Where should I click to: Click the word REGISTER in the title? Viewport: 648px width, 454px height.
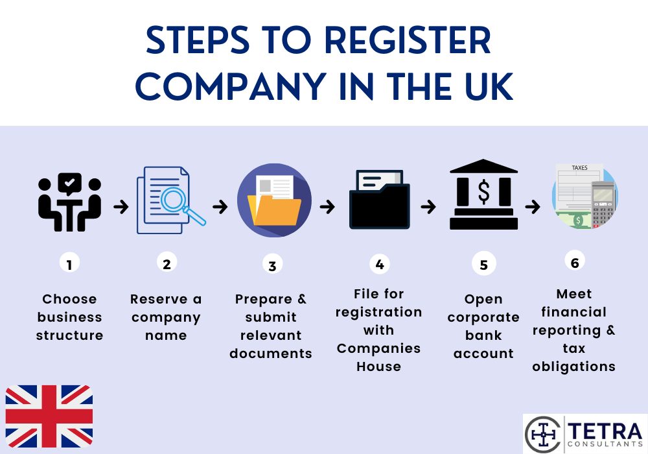[407, 41]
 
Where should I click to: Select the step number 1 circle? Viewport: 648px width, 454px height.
[69, 263]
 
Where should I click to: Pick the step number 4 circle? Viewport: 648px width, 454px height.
[379, 264]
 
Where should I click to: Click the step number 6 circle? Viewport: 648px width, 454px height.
[574, 262]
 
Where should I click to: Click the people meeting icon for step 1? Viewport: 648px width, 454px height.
[69, 202]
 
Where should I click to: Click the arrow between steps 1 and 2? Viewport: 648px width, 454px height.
[120, 207]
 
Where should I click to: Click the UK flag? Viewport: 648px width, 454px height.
[49, 416]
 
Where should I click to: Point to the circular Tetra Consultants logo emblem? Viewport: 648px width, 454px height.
[542, 434]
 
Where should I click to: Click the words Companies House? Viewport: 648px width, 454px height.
[378, 357]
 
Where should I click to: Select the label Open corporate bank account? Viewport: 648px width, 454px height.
[483, 326]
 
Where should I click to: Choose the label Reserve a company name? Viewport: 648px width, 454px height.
[166, 317]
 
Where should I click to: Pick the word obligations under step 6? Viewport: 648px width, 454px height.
[573, 366]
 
